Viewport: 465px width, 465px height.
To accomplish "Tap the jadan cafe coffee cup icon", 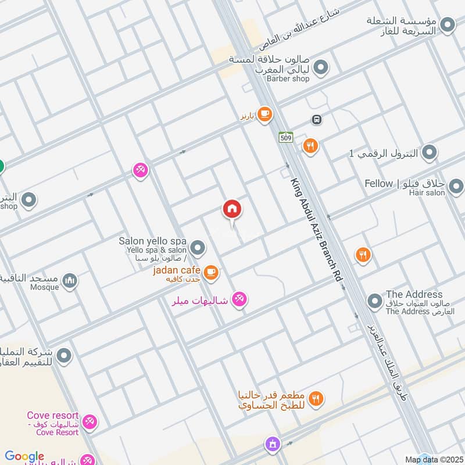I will (211, 271).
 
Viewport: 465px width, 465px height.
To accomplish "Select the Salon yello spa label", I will (152, 241).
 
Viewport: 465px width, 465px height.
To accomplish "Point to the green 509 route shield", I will (285, 137).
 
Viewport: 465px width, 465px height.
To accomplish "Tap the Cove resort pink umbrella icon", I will (89, 421).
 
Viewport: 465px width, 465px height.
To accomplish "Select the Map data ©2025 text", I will (433, 459).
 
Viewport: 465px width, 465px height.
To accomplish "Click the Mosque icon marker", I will (70, 281).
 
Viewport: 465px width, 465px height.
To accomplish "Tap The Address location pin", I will (375, 302).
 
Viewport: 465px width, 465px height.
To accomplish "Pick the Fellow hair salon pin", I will (456, 186).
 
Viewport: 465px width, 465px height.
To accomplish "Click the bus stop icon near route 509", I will (317, 120).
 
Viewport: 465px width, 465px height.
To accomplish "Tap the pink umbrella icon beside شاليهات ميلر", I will (239, 299).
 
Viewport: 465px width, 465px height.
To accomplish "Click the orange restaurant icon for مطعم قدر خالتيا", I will (316, 398).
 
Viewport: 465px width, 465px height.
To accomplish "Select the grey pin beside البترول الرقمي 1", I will (429, 153).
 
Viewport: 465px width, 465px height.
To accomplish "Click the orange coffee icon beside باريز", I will (265, 114).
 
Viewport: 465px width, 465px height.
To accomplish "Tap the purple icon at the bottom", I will (272, 445).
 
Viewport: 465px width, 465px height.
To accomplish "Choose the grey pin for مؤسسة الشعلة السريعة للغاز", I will (447, 25).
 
